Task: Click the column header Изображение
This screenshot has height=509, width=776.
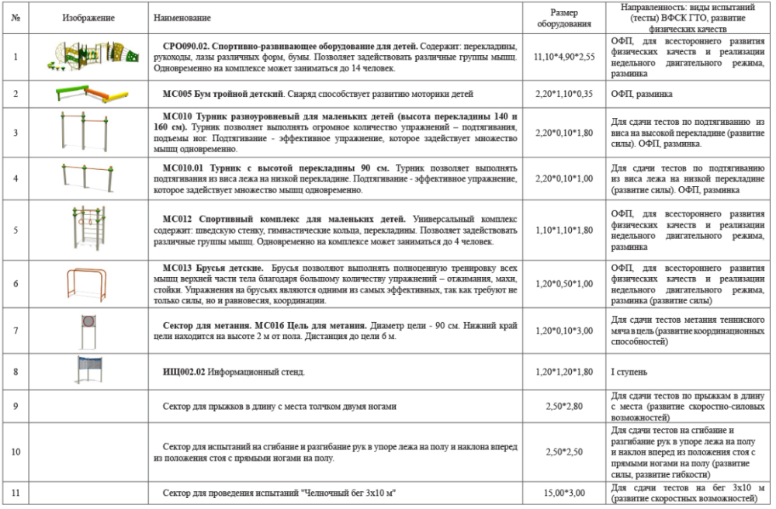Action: (88, 17)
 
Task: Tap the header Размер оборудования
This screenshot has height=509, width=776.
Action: (564, 18)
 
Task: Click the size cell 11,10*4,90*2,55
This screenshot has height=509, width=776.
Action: (564, 57)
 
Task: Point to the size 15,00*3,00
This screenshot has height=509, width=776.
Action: (564, 493)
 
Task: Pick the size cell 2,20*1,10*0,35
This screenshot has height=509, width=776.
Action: (564, 94)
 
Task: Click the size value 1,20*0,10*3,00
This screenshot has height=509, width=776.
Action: (564, 331)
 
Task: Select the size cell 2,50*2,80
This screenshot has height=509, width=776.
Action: (564, 406)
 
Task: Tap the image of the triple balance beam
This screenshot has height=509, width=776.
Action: (88, 94)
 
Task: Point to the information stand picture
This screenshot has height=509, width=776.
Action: (88, 371)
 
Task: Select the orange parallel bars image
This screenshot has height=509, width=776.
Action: (88, 283)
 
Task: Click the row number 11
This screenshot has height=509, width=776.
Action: (16, 493)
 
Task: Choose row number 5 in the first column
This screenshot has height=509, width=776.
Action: (16, 230)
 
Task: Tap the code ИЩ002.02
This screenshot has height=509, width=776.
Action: (184, 372)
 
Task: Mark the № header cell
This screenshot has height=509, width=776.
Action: (16, 17)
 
